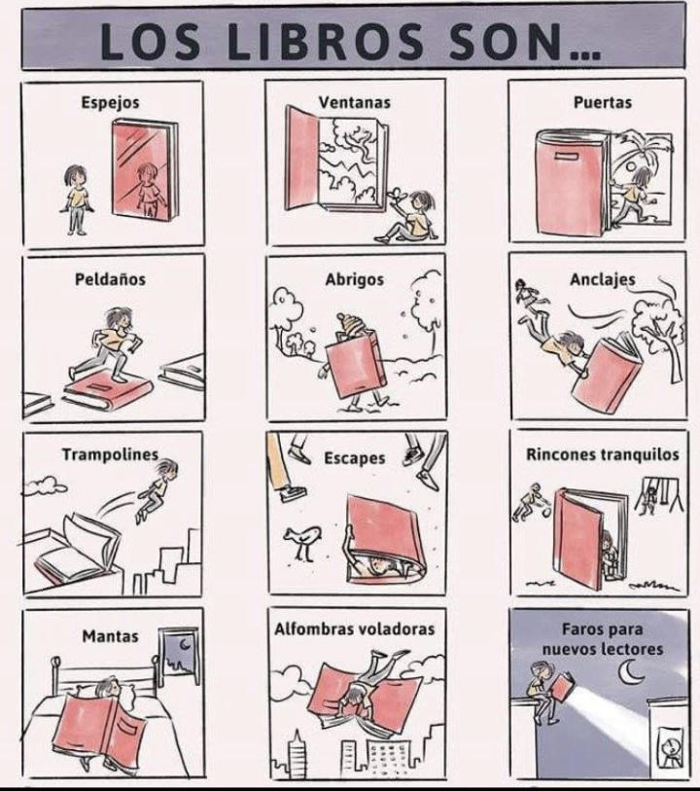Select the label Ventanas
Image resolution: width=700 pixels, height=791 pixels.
coord(354,101)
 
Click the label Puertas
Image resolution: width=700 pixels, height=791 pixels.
coord(603,101)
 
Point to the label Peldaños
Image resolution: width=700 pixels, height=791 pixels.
coord(110,279)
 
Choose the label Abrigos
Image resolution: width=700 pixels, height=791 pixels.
coord(354,279)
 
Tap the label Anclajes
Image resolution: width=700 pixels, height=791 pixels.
coord(603,280)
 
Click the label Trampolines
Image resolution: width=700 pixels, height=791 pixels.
coord(110,454)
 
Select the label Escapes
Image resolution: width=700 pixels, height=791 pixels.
coord(354,457)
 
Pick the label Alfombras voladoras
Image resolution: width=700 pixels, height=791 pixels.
coord(354,629)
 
